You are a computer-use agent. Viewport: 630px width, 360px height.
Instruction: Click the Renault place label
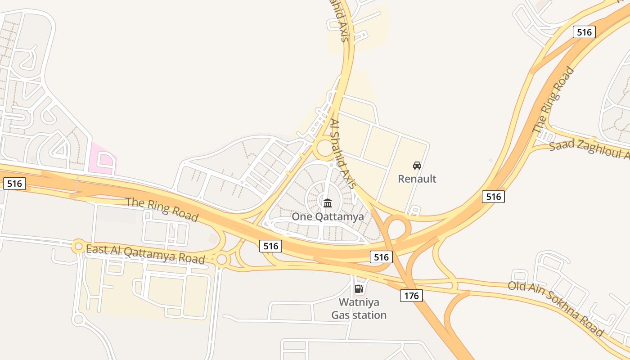pyautogui.click(x=417, y=179)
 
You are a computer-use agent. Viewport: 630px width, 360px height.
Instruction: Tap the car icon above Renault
pyautogui.click(x=417, y=166)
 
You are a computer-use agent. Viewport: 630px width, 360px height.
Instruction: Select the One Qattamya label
pyautogui.click(x=328, y=216)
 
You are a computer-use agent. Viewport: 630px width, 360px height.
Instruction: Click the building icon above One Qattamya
pyautogui.click(x=328, y=203)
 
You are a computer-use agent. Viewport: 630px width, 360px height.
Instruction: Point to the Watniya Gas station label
pyautogui.click(x=359, y=308)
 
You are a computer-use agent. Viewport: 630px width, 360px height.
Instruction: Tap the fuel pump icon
pyautogui.click(x=359, y=289)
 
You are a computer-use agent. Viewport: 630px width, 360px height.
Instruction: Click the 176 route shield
pyautogui.click(x=411, y=296)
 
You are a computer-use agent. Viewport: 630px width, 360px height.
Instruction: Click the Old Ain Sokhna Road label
pyautogui.click(x=556, y=309)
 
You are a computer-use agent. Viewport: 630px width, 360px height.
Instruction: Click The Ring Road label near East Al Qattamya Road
pyautogui.click(x=162, y=209)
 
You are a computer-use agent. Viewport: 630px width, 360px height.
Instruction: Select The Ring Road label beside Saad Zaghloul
pyautogui.click(x=553, y=100)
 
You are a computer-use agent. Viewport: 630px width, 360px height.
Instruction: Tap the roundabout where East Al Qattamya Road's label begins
pyautogui.click(x=79, y=247)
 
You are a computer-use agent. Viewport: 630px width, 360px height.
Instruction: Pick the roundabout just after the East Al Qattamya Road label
pyautogui.click(x=221, y=259)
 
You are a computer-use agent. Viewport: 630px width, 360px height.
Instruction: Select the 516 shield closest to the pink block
pyautogui.click(x=14, y=184)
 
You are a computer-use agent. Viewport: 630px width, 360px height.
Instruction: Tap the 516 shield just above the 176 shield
pyautogui.click(x=381, y=257)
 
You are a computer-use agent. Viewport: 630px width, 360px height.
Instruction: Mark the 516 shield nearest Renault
pyautogui.click(x=493, y=196)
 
